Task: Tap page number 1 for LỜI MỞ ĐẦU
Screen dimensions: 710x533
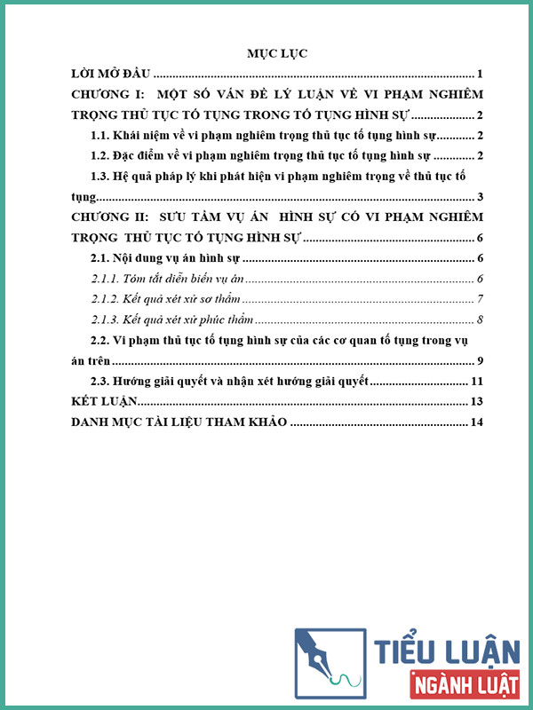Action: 479,74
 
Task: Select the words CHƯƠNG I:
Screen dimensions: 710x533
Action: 107,94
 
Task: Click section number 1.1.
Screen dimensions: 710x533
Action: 105,136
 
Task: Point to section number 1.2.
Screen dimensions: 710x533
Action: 105,156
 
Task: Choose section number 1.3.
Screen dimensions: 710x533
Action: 105,177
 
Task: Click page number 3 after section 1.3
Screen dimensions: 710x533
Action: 479,197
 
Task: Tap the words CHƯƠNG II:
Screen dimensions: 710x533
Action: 110,217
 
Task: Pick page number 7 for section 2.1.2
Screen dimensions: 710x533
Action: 479,299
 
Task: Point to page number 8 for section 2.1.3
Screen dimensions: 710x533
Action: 479,319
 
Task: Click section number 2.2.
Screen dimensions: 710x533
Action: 105,340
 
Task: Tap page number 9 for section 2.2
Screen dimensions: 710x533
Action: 479,360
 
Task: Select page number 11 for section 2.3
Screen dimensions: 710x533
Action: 475,382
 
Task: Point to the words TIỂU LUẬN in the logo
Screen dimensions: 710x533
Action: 448,651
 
